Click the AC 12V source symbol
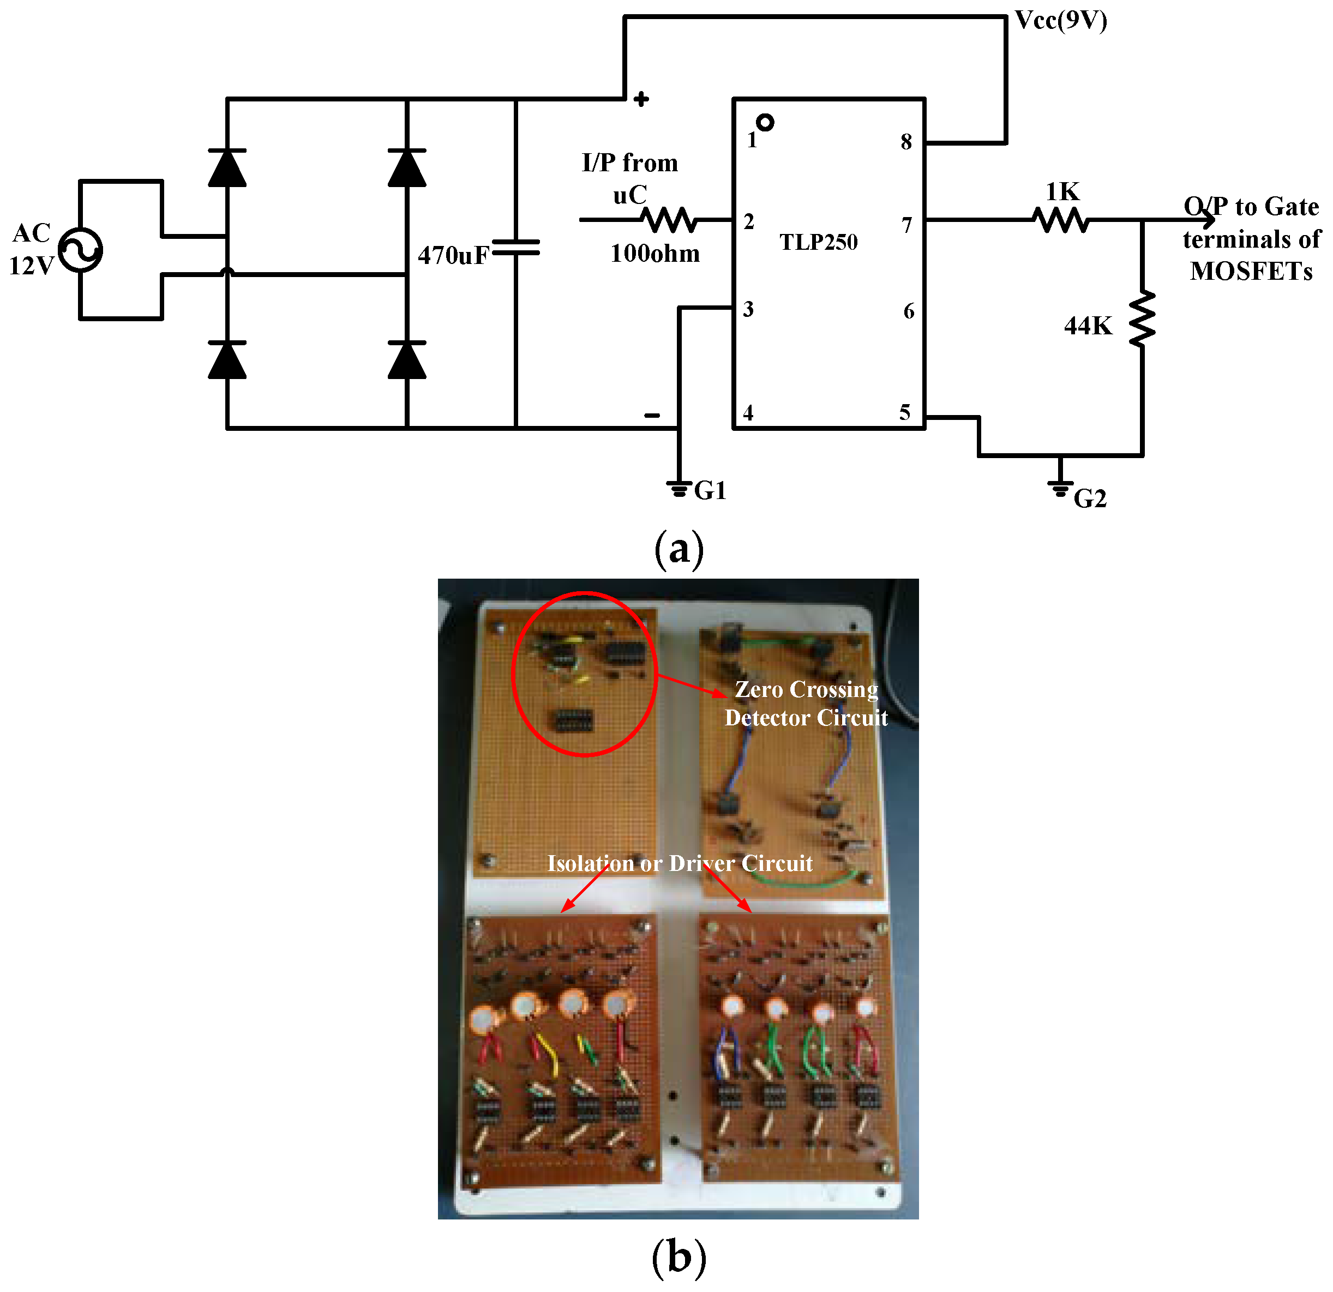(x=80, y=250)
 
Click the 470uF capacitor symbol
(x=515, y=248)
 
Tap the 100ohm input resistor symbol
(x=669, y=220)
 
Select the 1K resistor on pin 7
(x=1060, y=220)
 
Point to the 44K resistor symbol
(x=1142, y=319)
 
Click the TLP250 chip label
(x=818, y=242)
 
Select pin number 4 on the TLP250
(x=748, y=413)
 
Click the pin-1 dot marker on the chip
(x=765, y=122)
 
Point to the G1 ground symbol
(x=678, y=488)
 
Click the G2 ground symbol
(x=1060, y=488)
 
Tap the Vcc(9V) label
(x=1060, y=20)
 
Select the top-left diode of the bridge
(x=227, y=168)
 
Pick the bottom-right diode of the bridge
(x=407, y=360)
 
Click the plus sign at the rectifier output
(x=641, y=99)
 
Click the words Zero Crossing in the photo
(x=806, y=689)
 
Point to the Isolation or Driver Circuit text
(x=680, y=863)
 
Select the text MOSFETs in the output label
(x=1251, y=271)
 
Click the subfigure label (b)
(x=678, y=1258)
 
